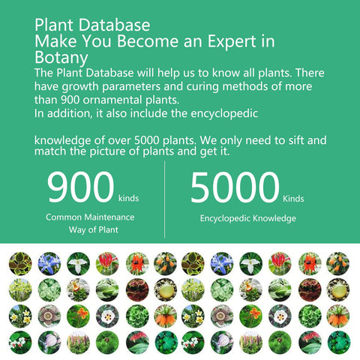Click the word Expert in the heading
(232, 41)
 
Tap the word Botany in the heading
(61, 58)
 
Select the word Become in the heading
(148, 40)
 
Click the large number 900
(80, 187)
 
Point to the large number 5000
(235, 187)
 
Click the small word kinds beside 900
(128, 198)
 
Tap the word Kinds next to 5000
(293, 199)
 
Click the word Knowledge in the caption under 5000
(274, 218)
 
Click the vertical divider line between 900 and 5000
(164, 199)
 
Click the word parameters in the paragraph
(131, 87)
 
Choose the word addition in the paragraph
(68, 113)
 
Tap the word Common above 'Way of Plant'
(64, 217)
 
